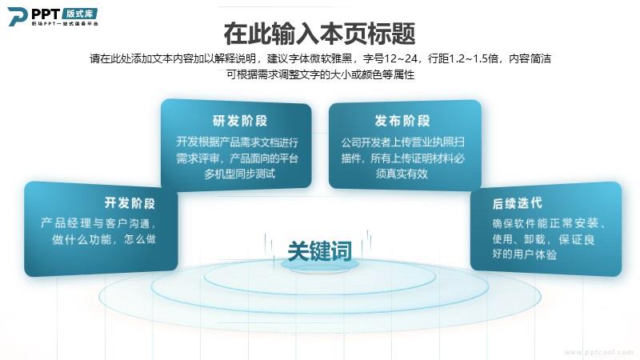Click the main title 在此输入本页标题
tap(319, 34)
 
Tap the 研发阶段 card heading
tap(239, 121)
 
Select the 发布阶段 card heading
tap(402, 121)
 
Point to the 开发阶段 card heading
tap(130, 203)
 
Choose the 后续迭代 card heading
tap(517, 203)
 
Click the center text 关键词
tap(319, 250)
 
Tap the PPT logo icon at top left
tap(18, 16)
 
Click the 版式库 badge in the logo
tap(80, 14)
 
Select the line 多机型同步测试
tap(239, 174)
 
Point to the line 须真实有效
tap(402, 174)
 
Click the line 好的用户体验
tap(525, 254)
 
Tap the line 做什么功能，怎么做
tap(104, 239)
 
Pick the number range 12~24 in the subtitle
tap(401, 58)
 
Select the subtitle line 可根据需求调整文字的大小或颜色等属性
tap(321, 74)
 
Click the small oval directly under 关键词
tap(319, 265)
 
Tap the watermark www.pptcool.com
tap(598, 352)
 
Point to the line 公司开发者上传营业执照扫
tap(403, 142)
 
